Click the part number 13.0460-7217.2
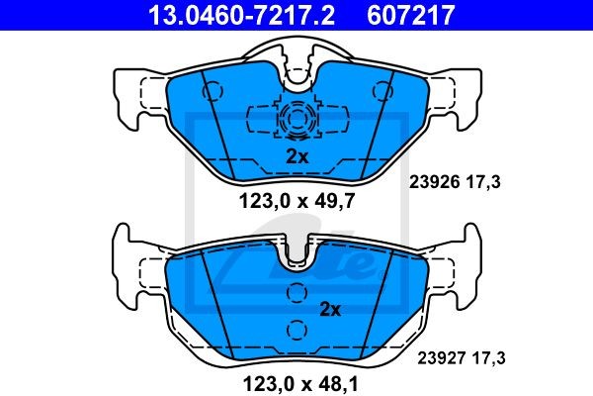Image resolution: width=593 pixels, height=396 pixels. [230, 16]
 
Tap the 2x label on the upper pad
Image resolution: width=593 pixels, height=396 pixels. [296, 155]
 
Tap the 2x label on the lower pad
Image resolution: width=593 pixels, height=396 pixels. [329, 310]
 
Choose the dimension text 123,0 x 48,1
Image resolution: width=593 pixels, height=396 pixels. [296, 379]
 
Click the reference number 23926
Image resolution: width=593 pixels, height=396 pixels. [431, 182]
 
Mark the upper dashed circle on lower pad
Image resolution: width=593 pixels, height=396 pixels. [296, 293]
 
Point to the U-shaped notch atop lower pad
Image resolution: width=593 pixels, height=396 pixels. [296, 255]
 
